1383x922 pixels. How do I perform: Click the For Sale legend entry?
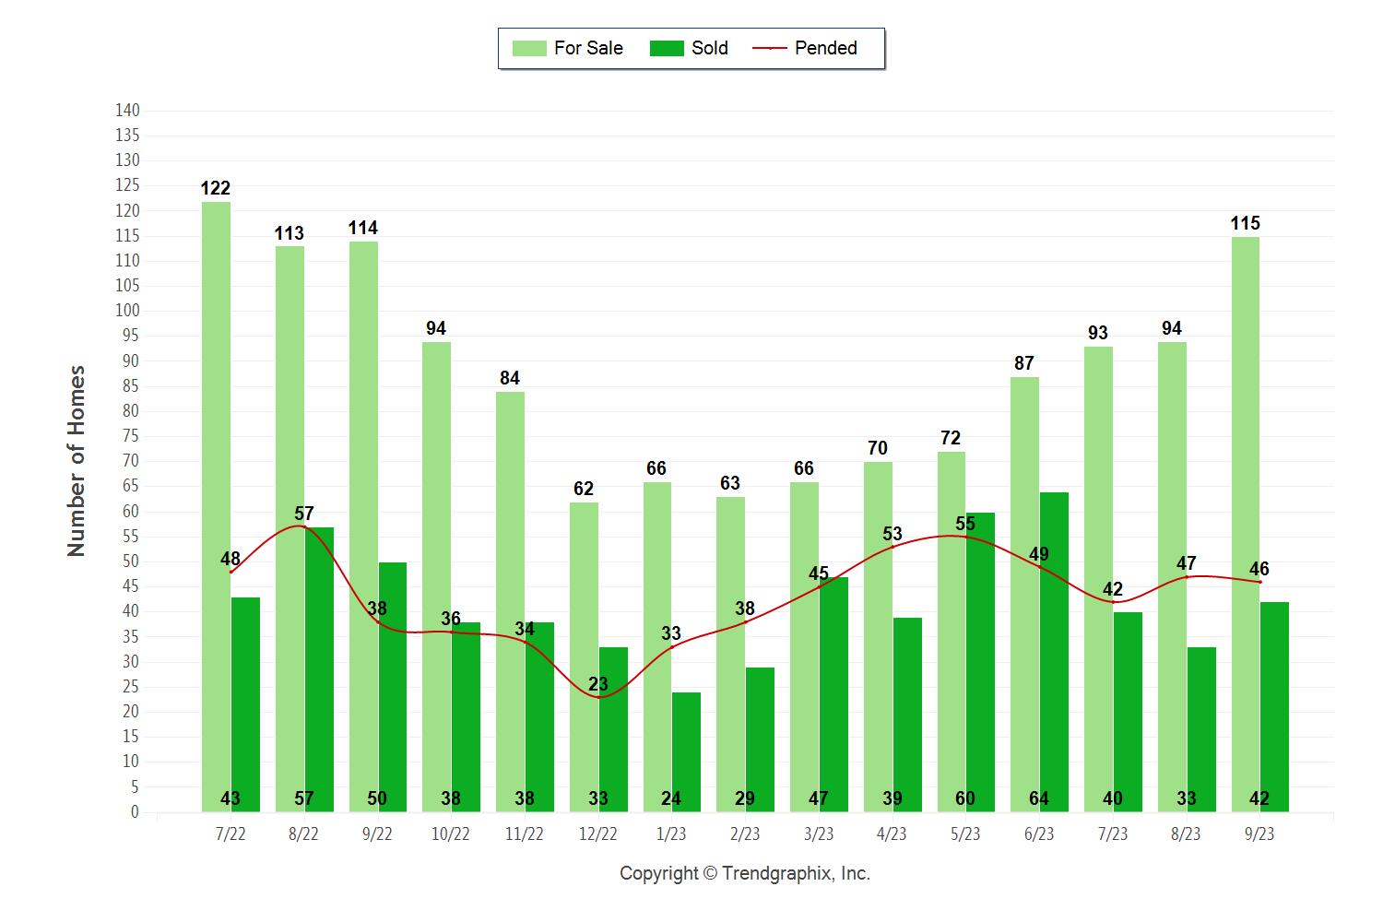click(x=567, y=48)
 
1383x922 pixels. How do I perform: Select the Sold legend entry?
click(x=689, y=48)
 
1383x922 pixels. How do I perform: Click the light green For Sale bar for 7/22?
click(x=216, y=507)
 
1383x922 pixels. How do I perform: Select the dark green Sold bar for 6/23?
click(x=1054, y=645)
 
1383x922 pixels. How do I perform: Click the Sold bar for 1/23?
click(x=686, y=747)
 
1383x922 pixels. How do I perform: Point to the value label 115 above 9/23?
click(x=1245, y=223)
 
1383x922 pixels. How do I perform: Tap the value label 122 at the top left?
click(x=215, y=188)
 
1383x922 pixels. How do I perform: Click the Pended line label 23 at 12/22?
click(x=597, y=684)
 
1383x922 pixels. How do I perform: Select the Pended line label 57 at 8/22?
click(x=304, y=514)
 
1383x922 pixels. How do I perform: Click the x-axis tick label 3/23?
click(x=818, y=834)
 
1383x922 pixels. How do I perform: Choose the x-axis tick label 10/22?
click(x=450, y=834)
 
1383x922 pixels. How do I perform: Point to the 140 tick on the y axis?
click(x=127, y=111)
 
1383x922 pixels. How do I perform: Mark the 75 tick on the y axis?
click(x=130, y=436)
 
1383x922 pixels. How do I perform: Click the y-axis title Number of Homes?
click(x=77, y=461)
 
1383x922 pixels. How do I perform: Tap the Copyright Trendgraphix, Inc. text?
click(x=744, y=873)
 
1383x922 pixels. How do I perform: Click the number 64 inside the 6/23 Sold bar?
click(x=1039, y=798)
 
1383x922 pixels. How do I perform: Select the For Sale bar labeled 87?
click(x=1024, y=590)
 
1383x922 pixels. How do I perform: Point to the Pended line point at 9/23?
click(x=1260, y=582)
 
